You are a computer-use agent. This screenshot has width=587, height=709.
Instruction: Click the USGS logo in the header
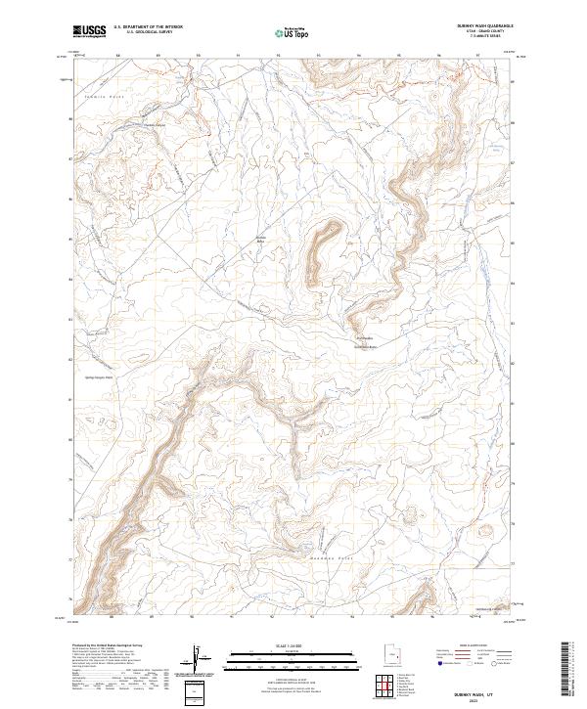(90, 30)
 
